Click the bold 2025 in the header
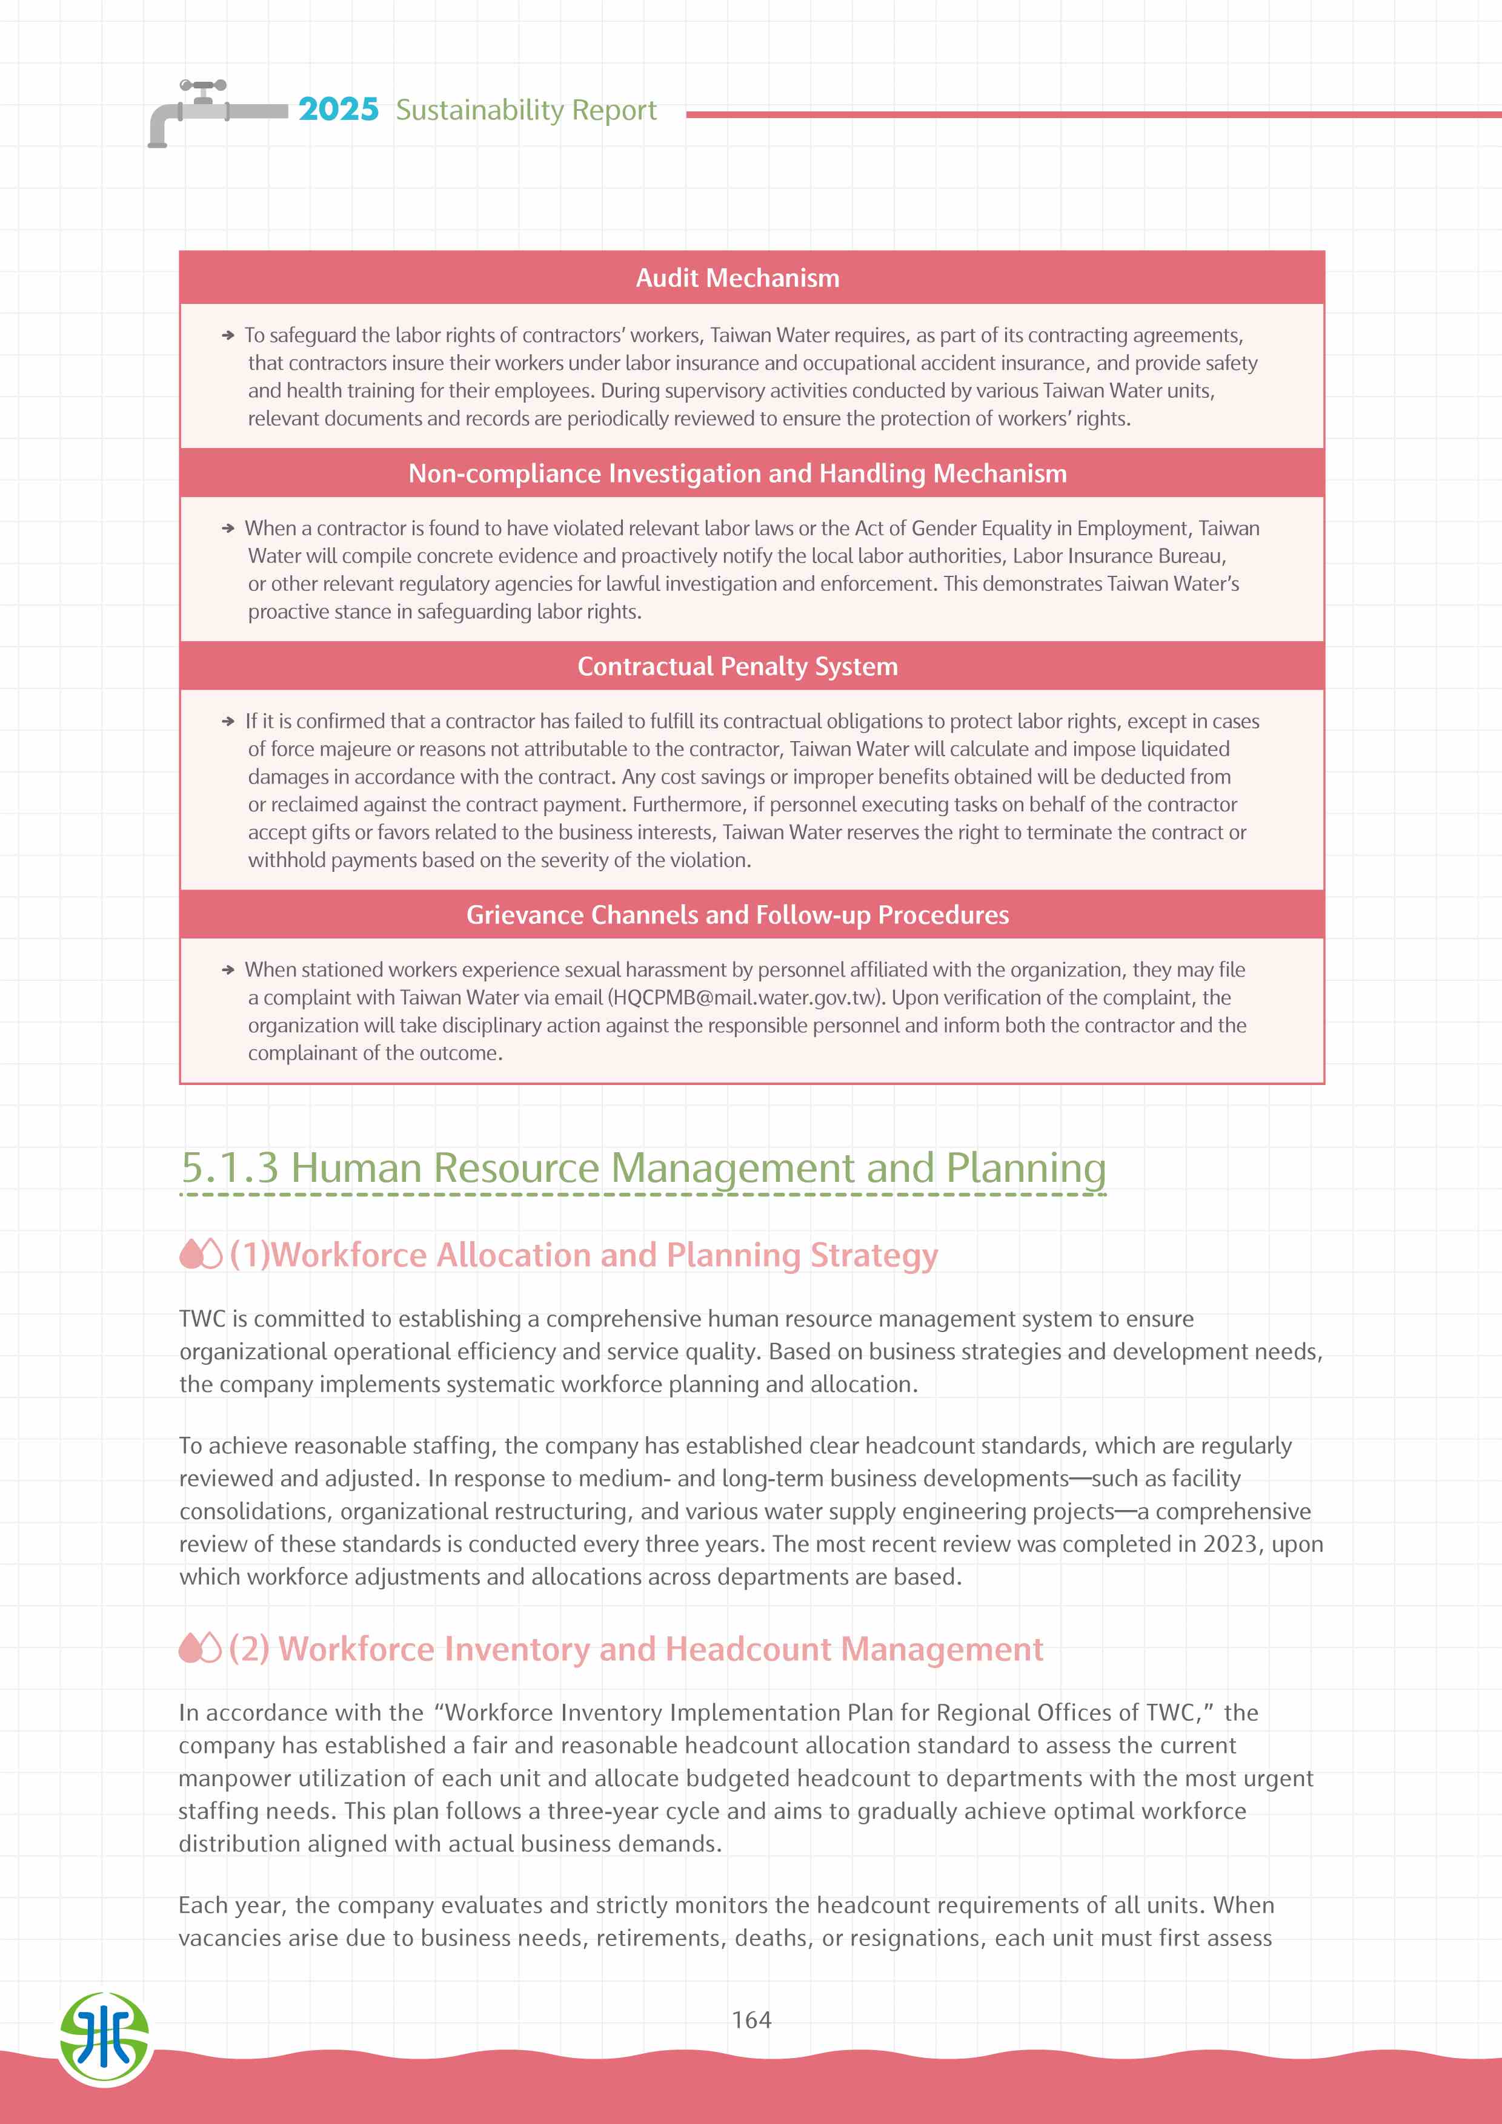click(x=338, y=109)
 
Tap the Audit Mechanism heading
click(x=737, y=277)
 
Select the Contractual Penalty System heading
click(x=737, y=666)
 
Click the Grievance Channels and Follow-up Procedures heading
click(x=737, y=915)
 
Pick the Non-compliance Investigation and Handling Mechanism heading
click(x=737, y=473)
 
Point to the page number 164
click(x=751, y=2019)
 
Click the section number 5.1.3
click(x=230, y=1167)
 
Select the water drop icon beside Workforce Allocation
click(x=200, y=1255)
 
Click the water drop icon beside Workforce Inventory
click(x=200, y=1649)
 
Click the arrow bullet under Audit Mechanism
click(x=228, y=336)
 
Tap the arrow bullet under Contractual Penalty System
click(x=228, y=722)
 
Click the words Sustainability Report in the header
click(x=526, y=110)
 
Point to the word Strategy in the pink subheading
click(x=874, y=1255)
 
